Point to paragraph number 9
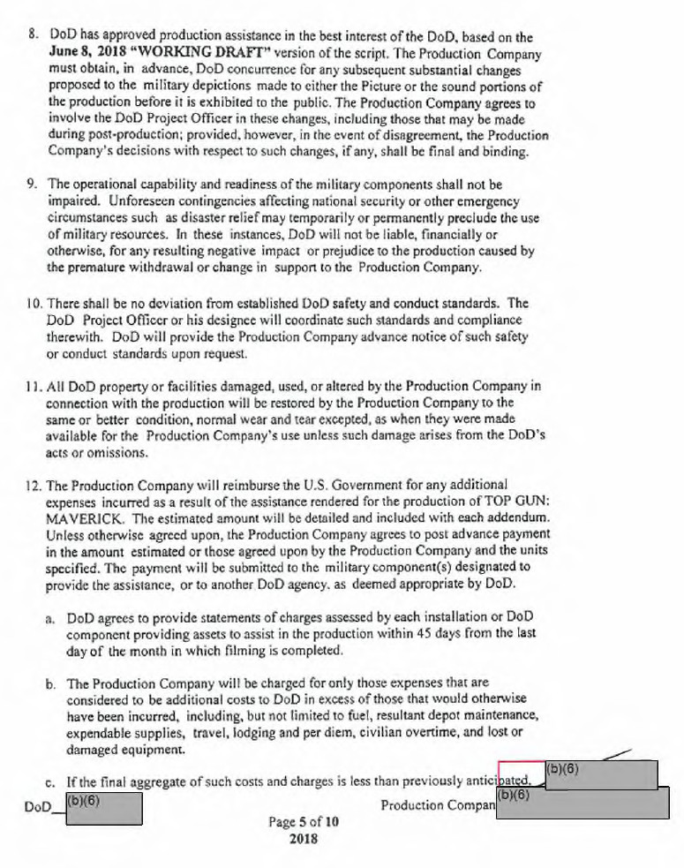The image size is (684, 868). pyautogui.click(x=32, y=185)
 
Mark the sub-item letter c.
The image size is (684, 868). pyautogui.click(x=52, y=780)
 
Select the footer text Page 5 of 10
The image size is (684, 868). pyautogui.click(x=303, y=821)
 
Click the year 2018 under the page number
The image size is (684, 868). pyautogui.click(x=303, y=838)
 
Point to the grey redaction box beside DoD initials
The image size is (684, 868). pyautogui.click(x=104, y=808)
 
